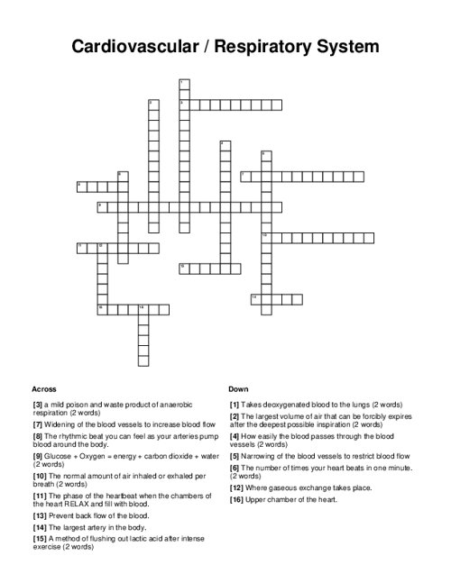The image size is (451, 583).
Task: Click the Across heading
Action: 43,388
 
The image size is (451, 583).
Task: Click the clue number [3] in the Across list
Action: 37,405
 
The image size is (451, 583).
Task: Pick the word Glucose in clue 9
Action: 60,455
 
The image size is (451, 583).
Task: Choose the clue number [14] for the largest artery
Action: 39,527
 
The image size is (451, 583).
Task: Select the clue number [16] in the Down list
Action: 237,499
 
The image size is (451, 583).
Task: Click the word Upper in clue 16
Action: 255,499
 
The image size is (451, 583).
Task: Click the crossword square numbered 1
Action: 184,84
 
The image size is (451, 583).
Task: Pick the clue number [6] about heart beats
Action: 235,468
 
